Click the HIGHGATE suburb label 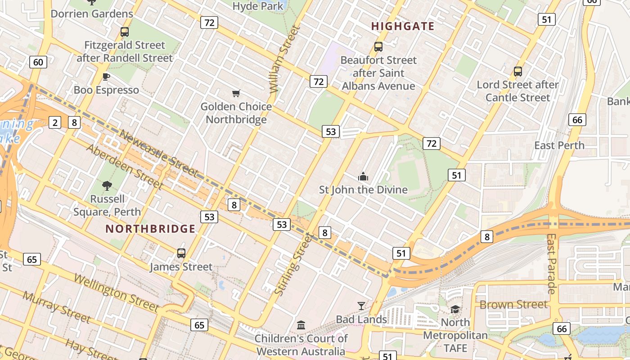(403, 27)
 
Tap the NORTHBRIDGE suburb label (150, 229)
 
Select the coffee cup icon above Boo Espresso (106, 76)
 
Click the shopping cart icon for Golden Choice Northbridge (236, 93)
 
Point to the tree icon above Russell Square (107, 185)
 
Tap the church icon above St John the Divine (363, 176)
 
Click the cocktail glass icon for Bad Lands (361, 306)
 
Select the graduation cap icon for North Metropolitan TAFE (455, 309)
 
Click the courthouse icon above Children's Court (301, 325)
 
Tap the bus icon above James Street (181, 253)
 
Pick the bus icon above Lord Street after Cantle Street (518, 71)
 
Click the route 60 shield (38, 62)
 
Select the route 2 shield (55, 122)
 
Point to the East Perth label (559, 145)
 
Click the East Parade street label (552, 263)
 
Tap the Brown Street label (513, 305)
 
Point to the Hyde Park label (258, 6)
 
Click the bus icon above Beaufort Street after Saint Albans (378, 46)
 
